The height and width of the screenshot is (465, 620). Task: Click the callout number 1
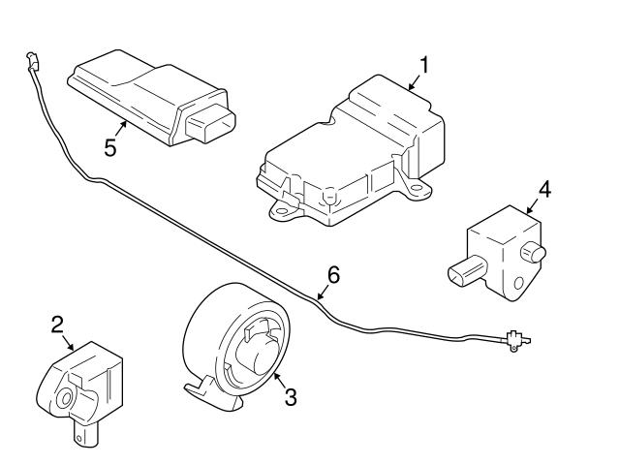[422, 66]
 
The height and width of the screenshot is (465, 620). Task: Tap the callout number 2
[57, 325]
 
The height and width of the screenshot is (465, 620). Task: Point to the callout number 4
[544, 189]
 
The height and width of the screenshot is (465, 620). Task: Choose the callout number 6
[332, 274]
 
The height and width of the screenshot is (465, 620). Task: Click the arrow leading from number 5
[122, 130]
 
